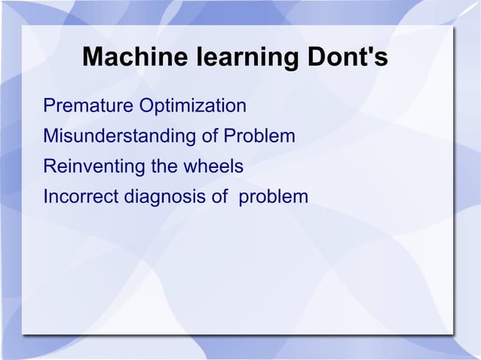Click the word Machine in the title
[x=126, y=58]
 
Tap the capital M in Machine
[x=90, y=58]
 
